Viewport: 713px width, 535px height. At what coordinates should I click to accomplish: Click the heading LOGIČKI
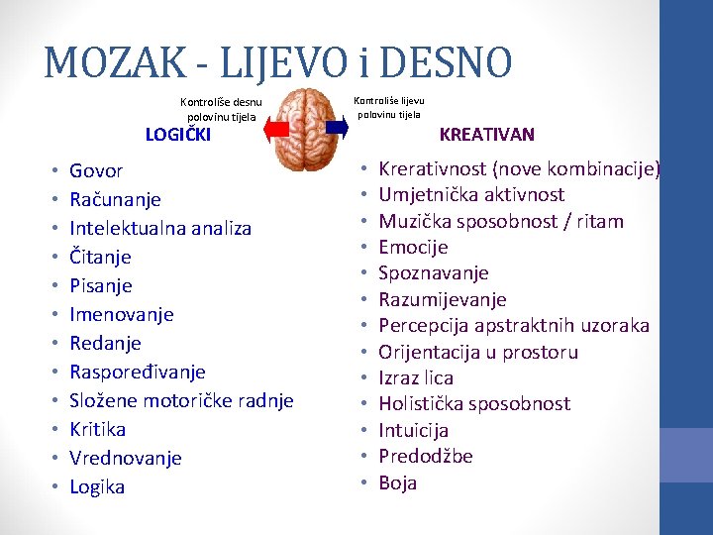click(x=178, y=135)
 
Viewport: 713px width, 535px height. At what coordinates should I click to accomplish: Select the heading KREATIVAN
click(x=486, y=134)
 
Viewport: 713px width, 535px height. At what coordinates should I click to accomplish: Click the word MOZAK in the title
click(x=114, y=62)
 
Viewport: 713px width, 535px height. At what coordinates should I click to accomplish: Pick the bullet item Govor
click(x=96, y=170)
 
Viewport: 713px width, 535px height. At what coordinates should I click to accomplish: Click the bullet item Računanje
click(x=115, y=199)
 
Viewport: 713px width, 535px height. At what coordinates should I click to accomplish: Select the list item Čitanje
click(x=100, y=257)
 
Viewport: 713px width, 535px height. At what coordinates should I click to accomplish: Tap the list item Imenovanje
click(x=121, y=314)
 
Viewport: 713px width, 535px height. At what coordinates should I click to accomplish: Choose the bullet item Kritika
click(x=97, y=429)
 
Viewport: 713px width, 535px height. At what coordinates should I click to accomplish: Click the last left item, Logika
click(x=97, y=486)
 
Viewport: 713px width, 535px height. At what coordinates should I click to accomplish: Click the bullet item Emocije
click(x=413, y=247)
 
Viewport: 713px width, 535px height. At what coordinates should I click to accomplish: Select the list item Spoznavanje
click(x=434, y=272)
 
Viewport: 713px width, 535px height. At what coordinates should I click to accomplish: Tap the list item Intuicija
click(x=414, y=430)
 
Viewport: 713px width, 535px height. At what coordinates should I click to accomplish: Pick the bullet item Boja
click(x=398, y=482)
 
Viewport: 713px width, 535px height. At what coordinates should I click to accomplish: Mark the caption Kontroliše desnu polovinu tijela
click(x=221, y=108)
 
